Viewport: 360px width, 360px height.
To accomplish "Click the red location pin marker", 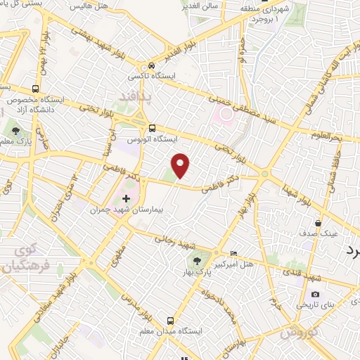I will [x=181, y=165].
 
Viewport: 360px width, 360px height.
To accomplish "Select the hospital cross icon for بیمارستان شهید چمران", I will [x=127, y=200].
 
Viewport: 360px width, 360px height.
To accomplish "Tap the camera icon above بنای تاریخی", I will [x=315, y=294].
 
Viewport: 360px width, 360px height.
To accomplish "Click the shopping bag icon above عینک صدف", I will [x=318, y=223].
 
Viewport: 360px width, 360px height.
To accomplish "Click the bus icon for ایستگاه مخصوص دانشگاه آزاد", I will [x=36, y=89].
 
